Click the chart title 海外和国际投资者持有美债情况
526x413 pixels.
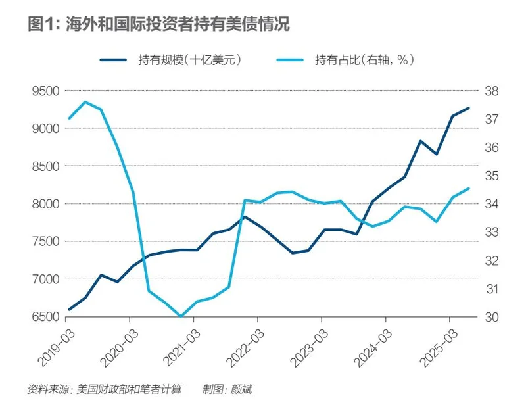[177, 24]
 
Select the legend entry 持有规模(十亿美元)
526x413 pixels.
[191, 60]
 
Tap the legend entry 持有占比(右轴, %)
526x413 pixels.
[364, 60]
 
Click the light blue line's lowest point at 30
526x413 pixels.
[181, 316]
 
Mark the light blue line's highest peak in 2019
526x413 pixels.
[85, 101]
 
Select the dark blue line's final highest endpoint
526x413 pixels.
[469, 108]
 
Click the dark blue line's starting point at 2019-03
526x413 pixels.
[70, 309]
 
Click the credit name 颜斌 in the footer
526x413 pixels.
[241, 389]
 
